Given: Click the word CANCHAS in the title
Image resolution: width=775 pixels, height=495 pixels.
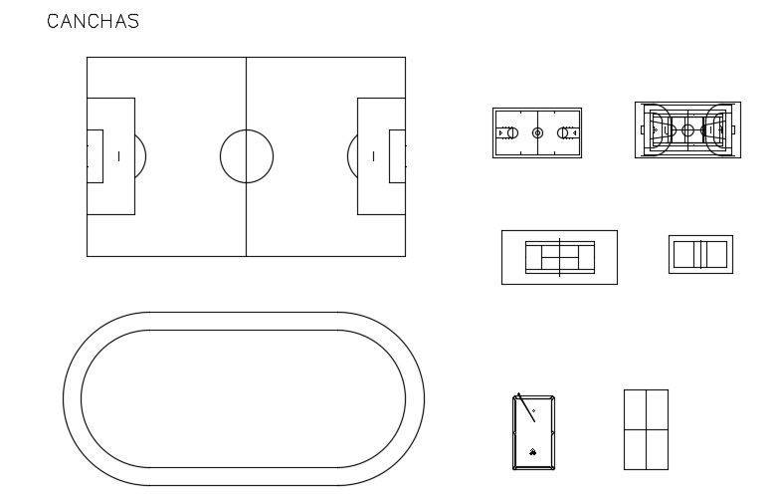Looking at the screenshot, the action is pyautogui.click(x=94, y=21).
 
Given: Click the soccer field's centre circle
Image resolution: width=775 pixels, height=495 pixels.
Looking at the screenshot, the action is pyautogui.click(x=246, y=156).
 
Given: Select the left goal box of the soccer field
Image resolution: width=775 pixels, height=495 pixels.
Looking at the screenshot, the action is pyautogui.click(x=95, y=156).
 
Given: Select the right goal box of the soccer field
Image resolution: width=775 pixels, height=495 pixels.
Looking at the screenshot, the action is pyautogui.click(x=397, y=156).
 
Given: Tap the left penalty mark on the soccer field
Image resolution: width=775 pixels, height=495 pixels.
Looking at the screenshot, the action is pyautogui.click(x=118, y=156).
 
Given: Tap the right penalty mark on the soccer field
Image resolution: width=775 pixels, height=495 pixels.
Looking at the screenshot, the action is pyautogui.click(x=373, y=156).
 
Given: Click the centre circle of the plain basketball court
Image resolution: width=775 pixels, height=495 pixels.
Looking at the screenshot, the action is pyautogui.click(x=537, y=132).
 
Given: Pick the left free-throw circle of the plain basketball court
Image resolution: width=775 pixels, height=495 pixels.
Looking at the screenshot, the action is pyautogui.click(x=511, y=132).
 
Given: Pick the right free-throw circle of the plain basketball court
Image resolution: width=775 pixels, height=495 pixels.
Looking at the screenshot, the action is pyautogui.click(x=563, y=132).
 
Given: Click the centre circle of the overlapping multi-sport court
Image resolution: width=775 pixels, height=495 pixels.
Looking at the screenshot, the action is pyautogui.click(x=687, y=129).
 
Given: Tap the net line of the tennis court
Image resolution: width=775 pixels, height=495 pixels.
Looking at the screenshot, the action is pyautogui.click(x=559, y=258).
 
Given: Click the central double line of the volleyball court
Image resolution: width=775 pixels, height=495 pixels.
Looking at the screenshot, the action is pyautogui.click(x=700, y=255).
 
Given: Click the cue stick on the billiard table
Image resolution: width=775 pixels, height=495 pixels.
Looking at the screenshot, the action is pyautogui.click(x=522, y=408).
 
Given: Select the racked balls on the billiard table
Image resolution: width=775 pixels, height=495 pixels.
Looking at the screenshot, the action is pyautogui.click(x=533, y=450).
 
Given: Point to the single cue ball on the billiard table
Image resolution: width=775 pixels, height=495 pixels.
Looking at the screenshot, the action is pyautogui.click(x=533, y=410).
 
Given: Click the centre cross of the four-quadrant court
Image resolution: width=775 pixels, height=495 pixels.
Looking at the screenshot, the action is pyautogui.click(x=646, y=429).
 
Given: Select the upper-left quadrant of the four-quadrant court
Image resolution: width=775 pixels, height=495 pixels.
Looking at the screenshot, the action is pyautogui.click(x=635, y=409).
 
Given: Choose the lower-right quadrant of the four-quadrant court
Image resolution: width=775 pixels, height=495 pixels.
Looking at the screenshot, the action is pyautogui.click(x=657, y=449).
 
